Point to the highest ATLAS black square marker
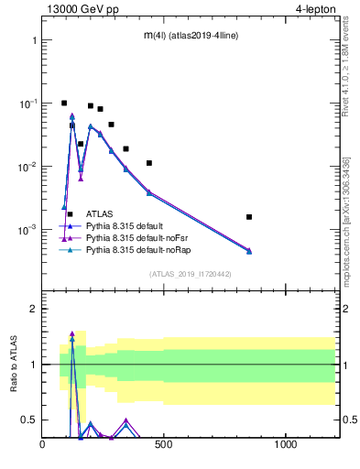(x=64, y=104)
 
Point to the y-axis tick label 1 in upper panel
(x=33, y=41)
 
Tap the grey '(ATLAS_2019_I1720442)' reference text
(x=189, y=274)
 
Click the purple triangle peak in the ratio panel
(x=71, y=334)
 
